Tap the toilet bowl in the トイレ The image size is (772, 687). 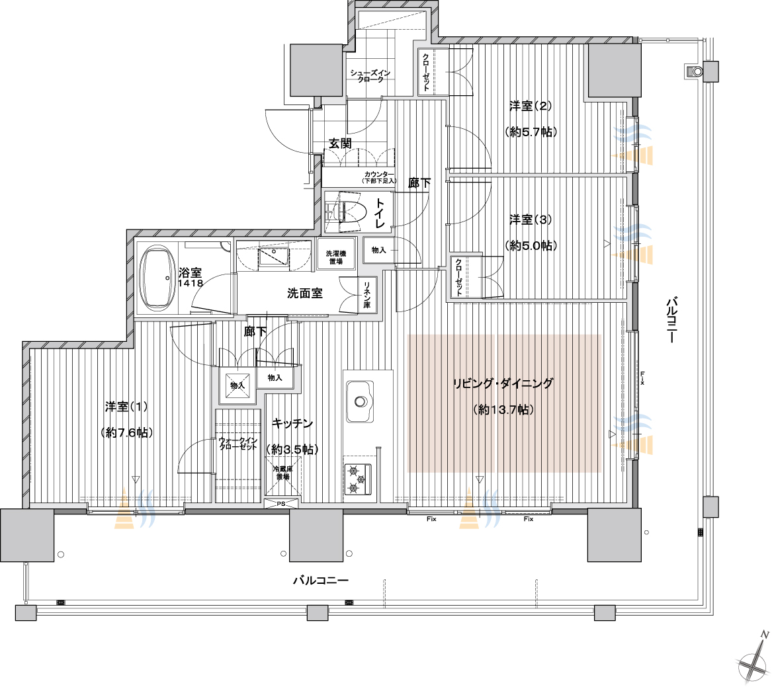point(349,212)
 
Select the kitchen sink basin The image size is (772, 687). point(359,401)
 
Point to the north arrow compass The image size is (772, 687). point(753,659)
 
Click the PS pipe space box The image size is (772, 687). point(281,503)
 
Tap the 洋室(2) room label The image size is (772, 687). point(530,106)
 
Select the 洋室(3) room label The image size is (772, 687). point(530,220)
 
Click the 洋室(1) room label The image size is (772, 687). point(126,407)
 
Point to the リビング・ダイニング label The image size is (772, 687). point(503,384)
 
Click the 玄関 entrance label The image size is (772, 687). point(340,143)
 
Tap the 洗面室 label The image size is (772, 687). point(305,294)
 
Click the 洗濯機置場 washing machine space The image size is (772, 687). point(336,257)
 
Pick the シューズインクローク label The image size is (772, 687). point(370,76)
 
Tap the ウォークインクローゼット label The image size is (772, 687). point(237,444)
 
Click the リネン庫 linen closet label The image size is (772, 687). point(367,295)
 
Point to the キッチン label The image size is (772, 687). point(292,423)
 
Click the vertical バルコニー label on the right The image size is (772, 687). point(671,319)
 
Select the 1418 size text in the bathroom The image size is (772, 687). point(191,284)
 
